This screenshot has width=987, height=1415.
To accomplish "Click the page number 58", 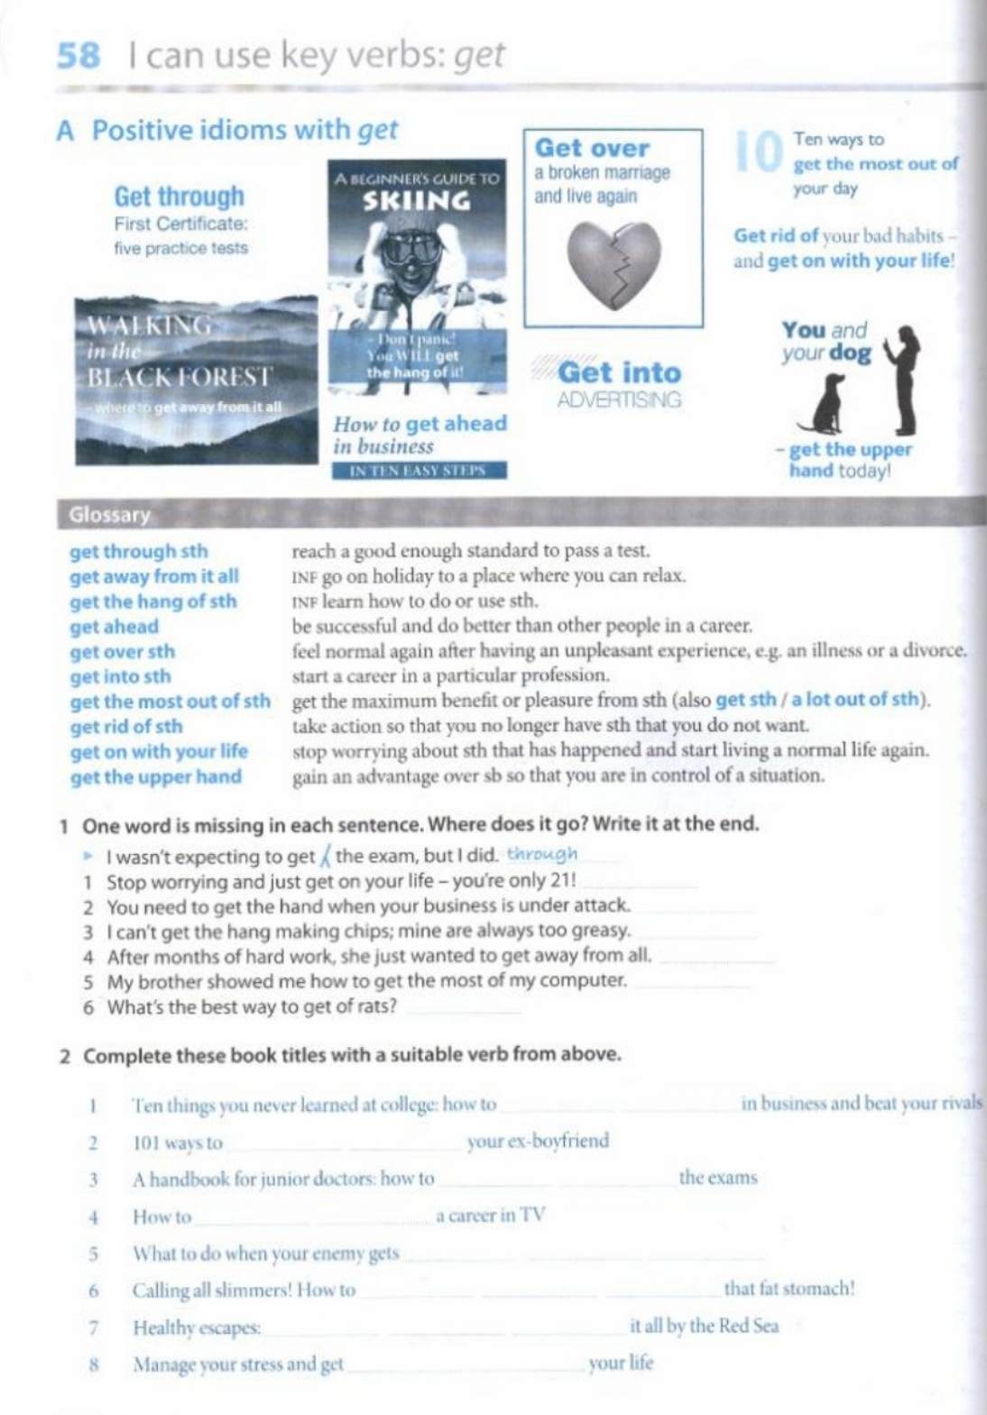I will [78, 56].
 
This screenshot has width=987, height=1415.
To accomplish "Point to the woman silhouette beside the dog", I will [904, 379].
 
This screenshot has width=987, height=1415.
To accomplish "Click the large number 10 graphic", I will [758, 152].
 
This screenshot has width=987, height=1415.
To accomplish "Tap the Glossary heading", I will [109, 515].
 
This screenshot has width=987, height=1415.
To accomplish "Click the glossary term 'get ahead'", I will [114, 627].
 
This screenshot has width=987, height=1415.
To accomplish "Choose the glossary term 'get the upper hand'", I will [155, 776].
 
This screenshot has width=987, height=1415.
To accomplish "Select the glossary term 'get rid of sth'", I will [125, 726].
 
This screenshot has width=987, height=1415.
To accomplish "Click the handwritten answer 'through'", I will [541, 853].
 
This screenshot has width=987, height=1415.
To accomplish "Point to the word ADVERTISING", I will [619, 400].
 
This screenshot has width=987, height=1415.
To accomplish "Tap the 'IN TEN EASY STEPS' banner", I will [418, 470].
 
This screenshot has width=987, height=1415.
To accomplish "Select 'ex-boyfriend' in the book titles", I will [538, 1141].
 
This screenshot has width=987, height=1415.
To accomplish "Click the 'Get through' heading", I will [179, 196].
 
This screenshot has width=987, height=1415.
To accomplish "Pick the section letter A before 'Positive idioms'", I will [65, 131].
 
